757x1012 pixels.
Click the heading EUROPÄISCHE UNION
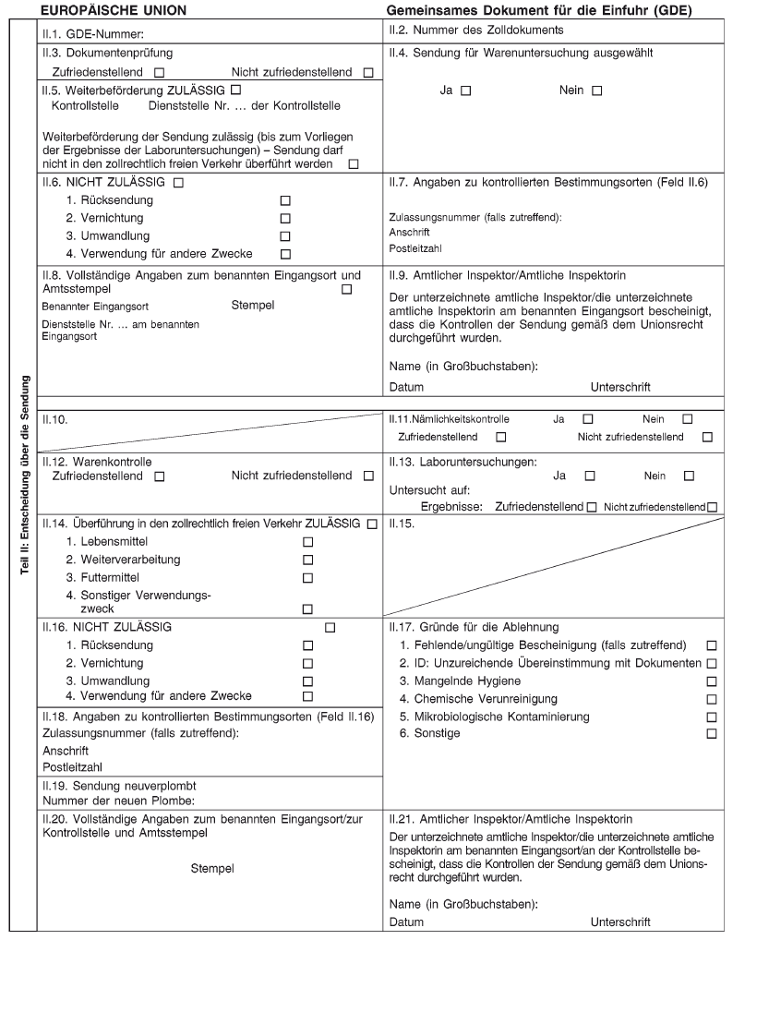(114, 11)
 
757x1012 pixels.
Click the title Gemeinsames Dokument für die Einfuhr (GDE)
(539, 11)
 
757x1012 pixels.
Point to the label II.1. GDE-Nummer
(84, 34)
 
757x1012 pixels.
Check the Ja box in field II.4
(465, 90)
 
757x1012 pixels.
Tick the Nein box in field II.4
(596, 90)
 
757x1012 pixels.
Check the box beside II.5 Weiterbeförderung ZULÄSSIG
(235, 90)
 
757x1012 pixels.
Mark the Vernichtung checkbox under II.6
(285, 219)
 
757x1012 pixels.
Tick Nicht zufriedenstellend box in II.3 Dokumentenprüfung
(368, 73)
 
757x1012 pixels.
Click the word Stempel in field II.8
(252, 305)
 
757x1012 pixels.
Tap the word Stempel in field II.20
(211, 869)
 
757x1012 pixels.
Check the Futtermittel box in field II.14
(308, 578)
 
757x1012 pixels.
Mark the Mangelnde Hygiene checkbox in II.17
(711, 681)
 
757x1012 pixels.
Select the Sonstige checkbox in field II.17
(711, 734)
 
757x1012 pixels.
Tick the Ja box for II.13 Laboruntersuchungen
(590, 476)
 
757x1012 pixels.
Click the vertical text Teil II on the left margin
(24, 475)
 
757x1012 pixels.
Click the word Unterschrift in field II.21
(620, 922)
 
